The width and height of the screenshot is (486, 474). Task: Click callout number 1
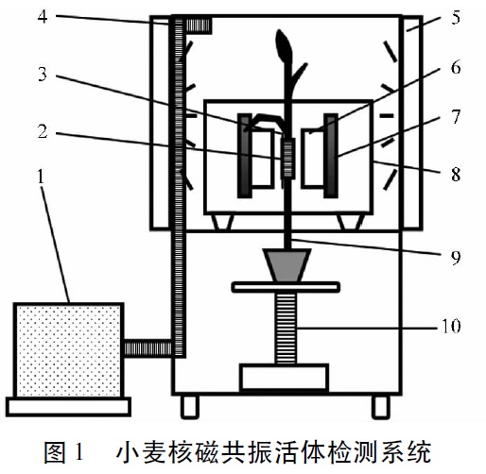pyautogui.click(x=41, y=177)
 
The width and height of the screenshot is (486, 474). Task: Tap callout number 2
pyautogui.click(x=43, y=131)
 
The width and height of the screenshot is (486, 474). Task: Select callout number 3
pyautogui.click(x=43, y=74)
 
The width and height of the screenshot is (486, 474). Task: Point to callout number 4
pyautogui.click(x=43, y=17)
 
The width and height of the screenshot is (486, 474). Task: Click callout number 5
pyautogui.click(x=456, y=17)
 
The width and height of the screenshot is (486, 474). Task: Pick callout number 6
pyautogui.click(x=456, y=67)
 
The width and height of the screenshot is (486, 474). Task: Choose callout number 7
pyautogui.click(x=456, y=117)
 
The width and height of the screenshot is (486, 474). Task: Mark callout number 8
pyautogui.click(x=456, y=174)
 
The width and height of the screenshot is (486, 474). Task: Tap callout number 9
pyautogui.click(x=456, y=257)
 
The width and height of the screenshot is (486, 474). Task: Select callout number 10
pyautogui.click(x=451, y=326)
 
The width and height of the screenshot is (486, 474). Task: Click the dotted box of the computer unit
pyautogui.click(x=68, y=350)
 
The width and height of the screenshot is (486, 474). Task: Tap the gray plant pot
pyautogui.click(x=287, y=265)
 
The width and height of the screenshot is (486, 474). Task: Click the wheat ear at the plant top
pyautogui.click(x=284, y=44)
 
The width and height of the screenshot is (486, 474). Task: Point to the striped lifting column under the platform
pyautogui.click(x=286, y=329)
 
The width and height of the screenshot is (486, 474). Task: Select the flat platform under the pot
pyautogui.click(x=286, y=287)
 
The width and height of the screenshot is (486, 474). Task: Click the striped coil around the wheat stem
pyautogui.click(x=287, y=159)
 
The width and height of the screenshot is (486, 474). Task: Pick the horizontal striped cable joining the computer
pyautogui.click(x=148, y=348)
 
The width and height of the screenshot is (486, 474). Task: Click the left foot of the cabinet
pyautogui.click(x=190, y=407)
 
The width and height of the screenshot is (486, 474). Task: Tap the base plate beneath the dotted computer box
pyautogui.click(x=68, y=407)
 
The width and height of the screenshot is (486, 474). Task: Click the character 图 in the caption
pyautogui.click(x=55, y=452)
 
